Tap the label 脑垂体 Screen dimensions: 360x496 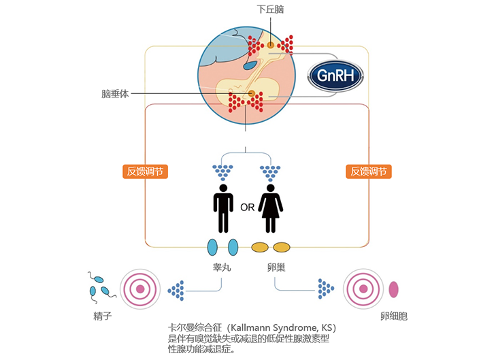(x=115, y=94)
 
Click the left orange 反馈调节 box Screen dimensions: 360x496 (x=147, y=171)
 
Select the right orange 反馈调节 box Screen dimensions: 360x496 (x=369, y=171)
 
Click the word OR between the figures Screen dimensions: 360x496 (x=247, y=208)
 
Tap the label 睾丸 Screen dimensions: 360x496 (x=222, y=267)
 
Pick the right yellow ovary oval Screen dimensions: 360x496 (x=281, y=247)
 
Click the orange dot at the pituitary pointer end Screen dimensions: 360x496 (x=252, y=93)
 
